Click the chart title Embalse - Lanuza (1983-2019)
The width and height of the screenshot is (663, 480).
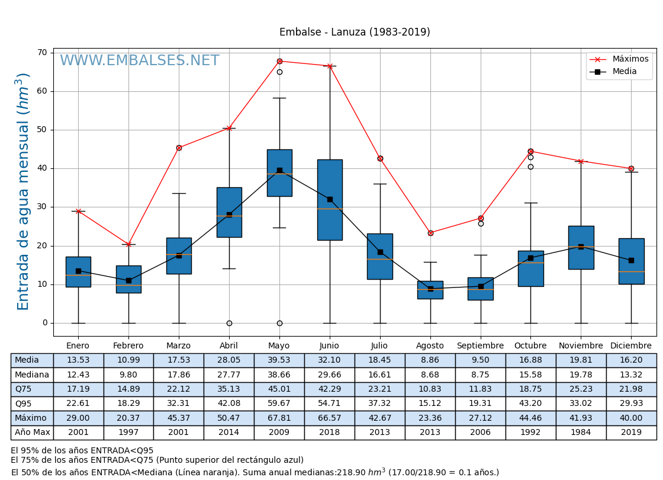click(355, 33)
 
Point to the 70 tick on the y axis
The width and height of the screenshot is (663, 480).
click(42, 53)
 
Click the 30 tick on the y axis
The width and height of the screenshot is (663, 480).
click(42, 207)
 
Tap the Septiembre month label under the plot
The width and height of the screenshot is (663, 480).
click(480, 345)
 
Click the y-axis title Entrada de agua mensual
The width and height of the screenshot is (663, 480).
click(23, 191)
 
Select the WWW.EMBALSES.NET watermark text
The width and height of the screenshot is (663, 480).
click(140, 61)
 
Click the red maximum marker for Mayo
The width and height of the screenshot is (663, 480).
click(279, 61)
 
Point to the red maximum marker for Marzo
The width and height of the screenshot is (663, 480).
click(179, 148)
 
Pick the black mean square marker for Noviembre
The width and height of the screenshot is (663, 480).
click(581, 247)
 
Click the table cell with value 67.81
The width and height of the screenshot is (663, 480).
click(279, 418)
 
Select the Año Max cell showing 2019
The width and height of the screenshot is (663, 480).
click(631, 433)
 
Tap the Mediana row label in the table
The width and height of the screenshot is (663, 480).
click(32, 375)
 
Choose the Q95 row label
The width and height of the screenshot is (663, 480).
click(24, 404)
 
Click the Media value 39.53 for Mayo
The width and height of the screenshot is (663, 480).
click(279, 360)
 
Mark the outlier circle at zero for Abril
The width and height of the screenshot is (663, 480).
click(229, 323)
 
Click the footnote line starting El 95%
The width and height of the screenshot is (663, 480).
click(82, 450)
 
